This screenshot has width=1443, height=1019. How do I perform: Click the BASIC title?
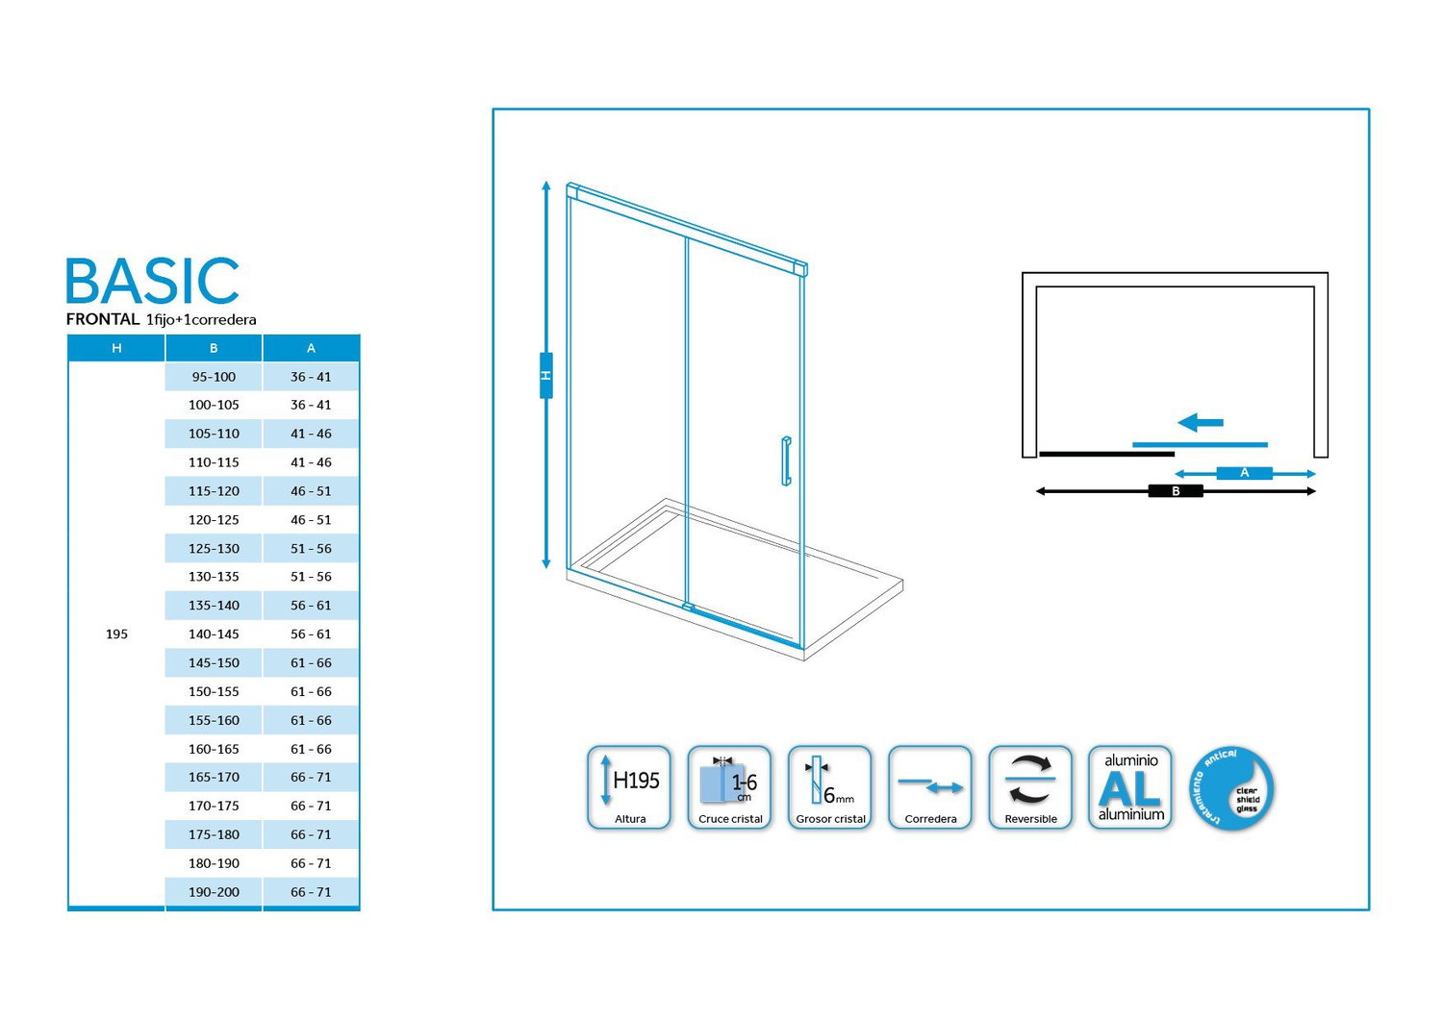153,281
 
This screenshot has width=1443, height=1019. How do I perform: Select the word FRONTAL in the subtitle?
103,319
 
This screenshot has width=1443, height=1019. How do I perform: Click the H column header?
116,348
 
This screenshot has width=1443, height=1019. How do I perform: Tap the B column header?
214,348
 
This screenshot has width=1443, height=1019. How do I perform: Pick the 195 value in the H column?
116,634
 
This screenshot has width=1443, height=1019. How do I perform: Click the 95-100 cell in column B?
214,377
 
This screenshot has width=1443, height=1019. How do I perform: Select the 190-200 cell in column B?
214,891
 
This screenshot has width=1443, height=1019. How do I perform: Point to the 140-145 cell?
214,634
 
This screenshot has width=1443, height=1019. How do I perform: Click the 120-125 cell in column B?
214,519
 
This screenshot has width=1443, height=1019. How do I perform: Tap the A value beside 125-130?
311,549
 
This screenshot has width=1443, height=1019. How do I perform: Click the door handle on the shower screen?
786,460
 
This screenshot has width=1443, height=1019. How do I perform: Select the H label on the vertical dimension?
546,375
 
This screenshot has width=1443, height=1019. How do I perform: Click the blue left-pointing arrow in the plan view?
1201,422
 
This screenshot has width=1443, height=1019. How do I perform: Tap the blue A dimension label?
1245,473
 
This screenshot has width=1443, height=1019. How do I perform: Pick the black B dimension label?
1176,491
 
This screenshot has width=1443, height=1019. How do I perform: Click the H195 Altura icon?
629,787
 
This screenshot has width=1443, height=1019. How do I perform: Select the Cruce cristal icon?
729,787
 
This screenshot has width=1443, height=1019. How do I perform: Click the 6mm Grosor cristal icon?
829,787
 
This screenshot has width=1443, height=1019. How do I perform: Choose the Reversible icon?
1030,787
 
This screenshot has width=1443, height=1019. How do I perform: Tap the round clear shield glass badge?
1231,788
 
